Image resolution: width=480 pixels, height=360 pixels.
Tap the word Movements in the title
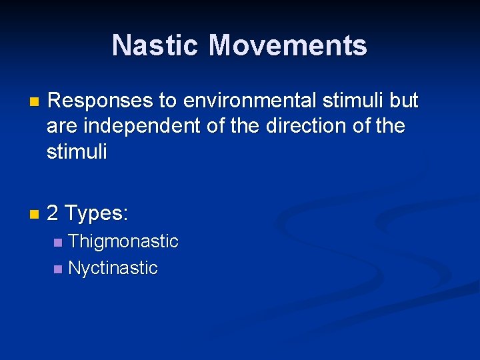(287, 45)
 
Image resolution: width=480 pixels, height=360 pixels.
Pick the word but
(404, 101)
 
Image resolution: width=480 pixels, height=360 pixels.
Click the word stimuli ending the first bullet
(77, 151)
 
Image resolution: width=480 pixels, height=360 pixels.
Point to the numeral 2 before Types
(53, 214)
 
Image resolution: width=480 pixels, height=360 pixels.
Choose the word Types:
(97, 214)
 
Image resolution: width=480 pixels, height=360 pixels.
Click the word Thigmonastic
(123, 241)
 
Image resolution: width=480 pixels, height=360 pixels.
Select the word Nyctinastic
(113, 269)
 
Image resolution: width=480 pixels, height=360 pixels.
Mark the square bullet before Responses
(35, 102)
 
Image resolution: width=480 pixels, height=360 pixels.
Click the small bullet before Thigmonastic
(58, 242)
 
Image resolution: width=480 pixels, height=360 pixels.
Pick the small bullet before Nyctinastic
(58, 269)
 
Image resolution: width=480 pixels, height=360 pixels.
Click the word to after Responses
(167, 101)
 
